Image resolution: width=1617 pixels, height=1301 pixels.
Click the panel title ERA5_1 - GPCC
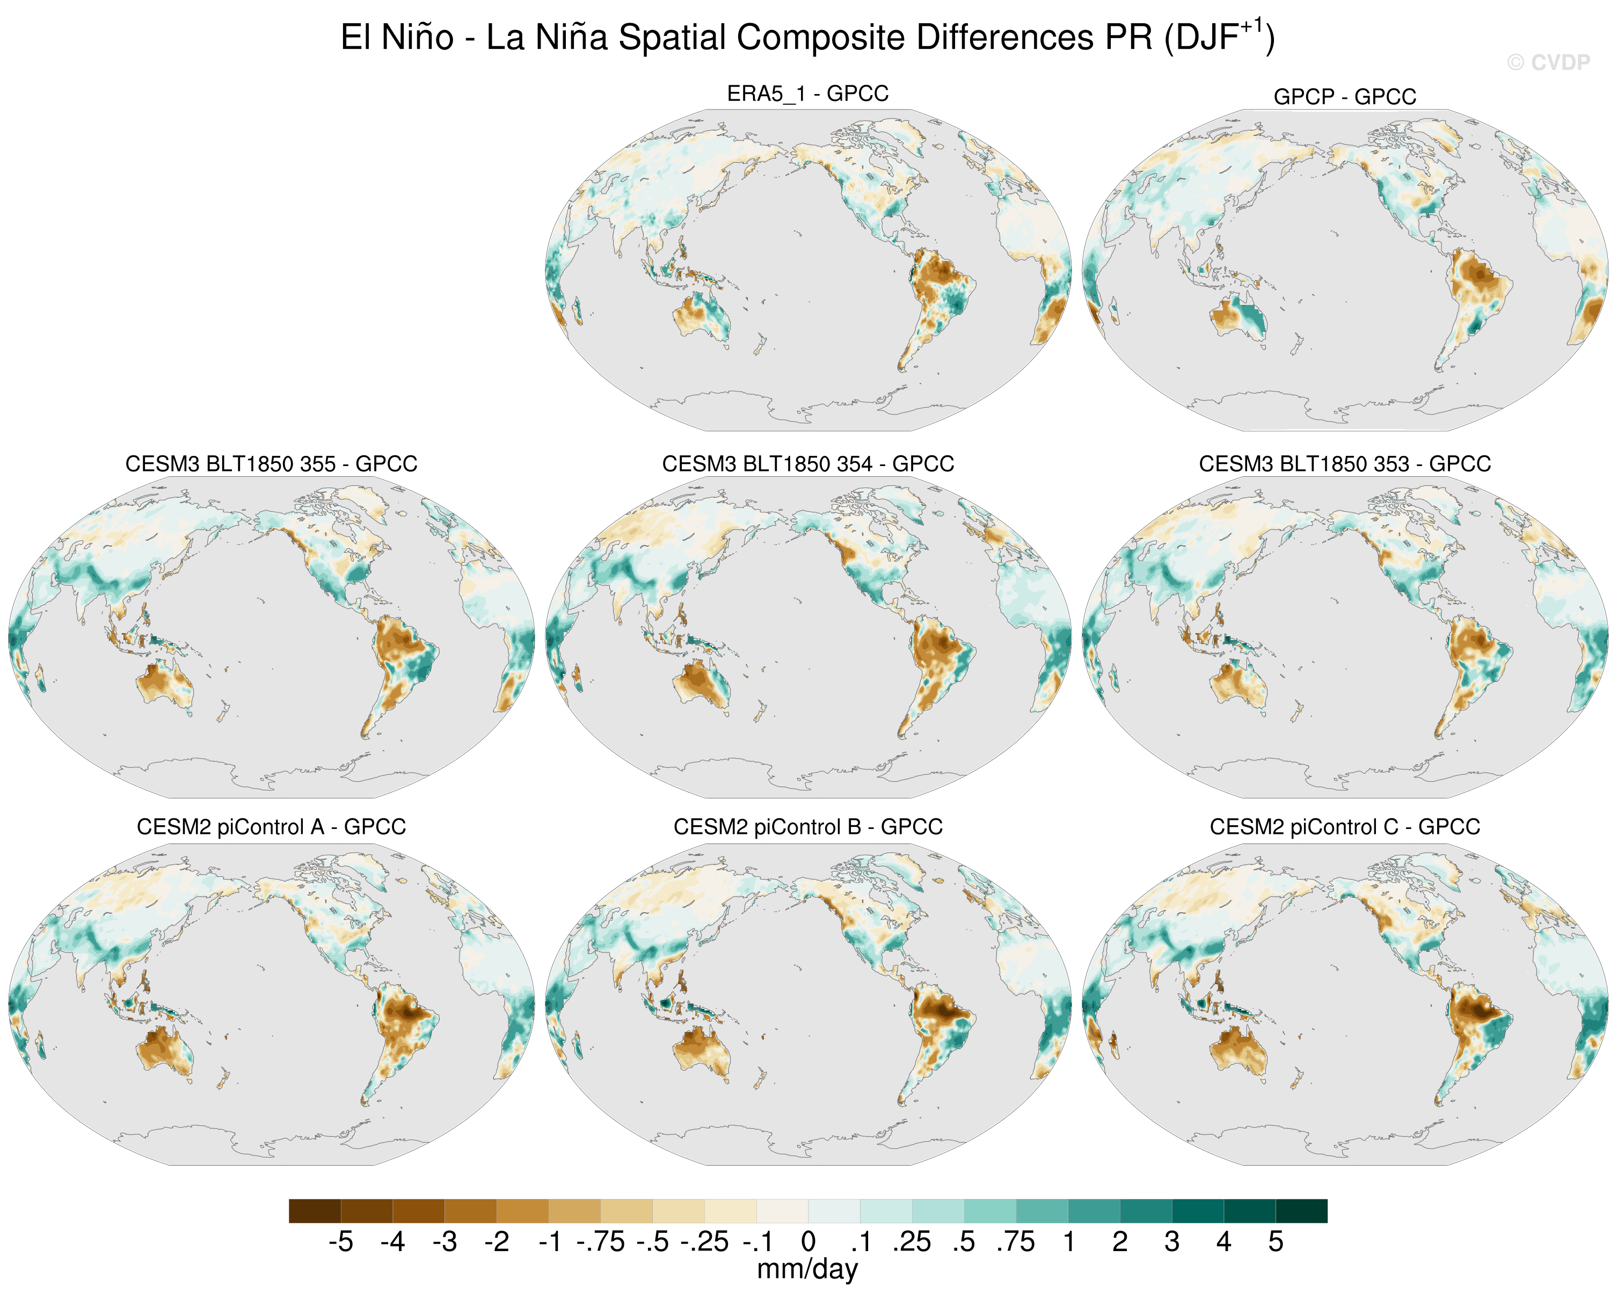coord(808,94)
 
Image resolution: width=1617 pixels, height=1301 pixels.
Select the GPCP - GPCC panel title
coord(1345,97)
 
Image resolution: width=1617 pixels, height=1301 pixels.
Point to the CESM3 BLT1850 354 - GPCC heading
coord(808,464)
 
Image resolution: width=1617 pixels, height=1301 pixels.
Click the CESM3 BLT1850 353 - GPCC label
coord(1345,464)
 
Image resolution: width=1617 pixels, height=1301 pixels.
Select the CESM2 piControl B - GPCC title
coord(808,827)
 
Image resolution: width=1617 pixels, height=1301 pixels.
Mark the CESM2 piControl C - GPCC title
coord(1345,827)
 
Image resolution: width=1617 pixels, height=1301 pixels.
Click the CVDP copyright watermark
coord(1548,62)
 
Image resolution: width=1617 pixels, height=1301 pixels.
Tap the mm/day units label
coord(808,1269)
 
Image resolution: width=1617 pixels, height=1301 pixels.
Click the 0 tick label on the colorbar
coord(808,1242)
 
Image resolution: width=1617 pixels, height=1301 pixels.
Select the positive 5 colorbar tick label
coord(1276,1242)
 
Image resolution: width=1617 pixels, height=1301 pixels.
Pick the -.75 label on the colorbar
coord(600,1242)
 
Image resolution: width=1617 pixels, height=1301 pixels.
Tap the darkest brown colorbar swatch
coord(315,1211)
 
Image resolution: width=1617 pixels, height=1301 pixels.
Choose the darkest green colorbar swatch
coord(1301,1211)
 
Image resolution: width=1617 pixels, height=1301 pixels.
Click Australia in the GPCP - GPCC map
coord(1237,315)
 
